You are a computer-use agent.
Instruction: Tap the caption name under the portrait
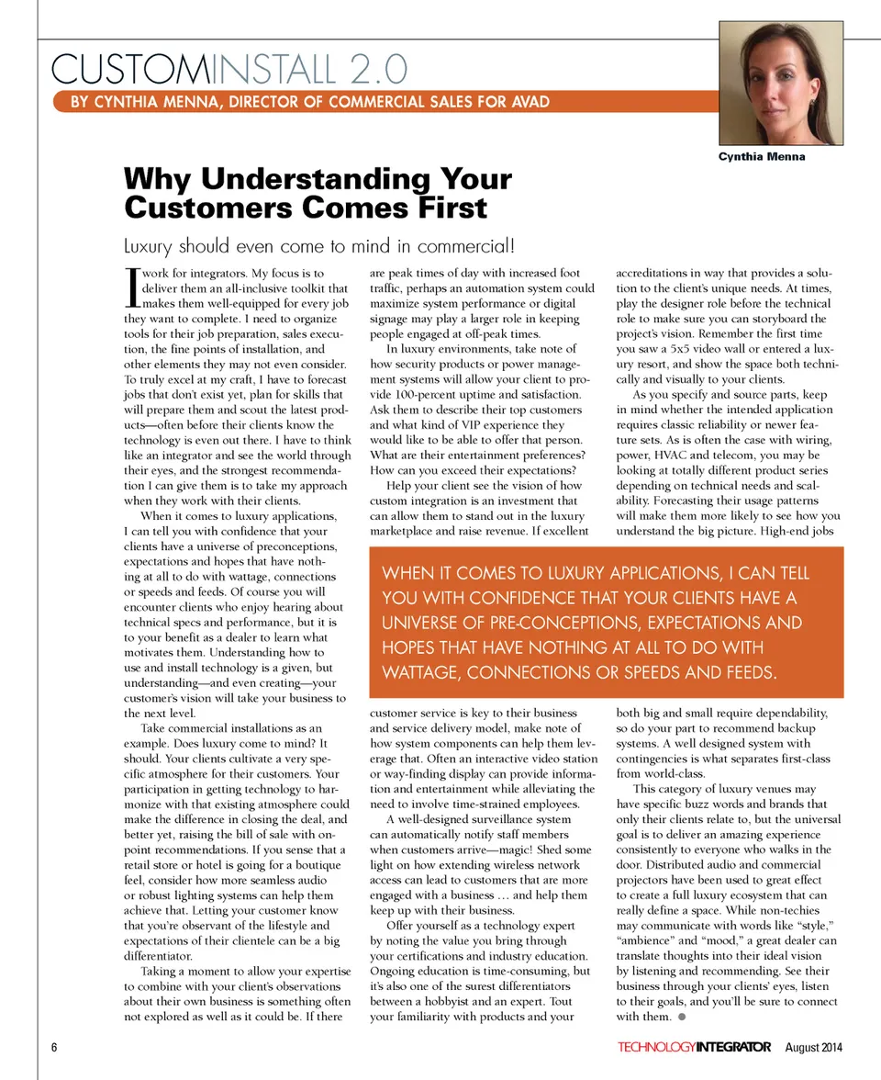pos(762,156)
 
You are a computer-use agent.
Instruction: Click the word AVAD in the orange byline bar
pos(526,101)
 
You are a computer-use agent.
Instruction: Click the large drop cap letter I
pos(129,285)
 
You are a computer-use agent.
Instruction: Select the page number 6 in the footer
pos(55,1048)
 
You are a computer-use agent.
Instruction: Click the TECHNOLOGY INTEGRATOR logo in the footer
pos(694,1048)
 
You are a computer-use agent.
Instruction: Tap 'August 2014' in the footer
pos(814,1048)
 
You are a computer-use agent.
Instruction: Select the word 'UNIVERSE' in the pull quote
pos(424,623)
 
